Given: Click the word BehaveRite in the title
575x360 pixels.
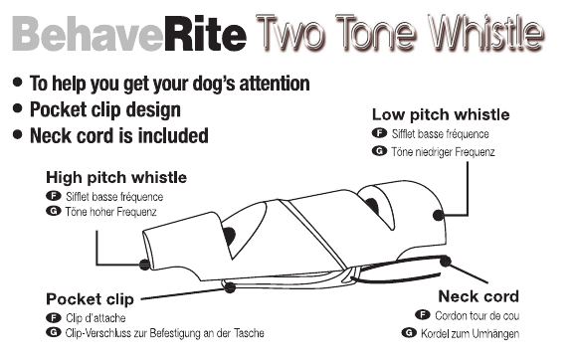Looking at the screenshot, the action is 129,34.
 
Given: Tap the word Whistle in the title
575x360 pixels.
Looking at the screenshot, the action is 485,32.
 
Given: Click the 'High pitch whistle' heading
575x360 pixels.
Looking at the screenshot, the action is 116,177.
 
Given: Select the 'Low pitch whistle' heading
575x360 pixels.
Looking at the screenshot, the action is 441,114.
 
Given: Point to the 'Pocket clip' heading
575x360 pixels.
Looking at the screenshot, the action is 90,299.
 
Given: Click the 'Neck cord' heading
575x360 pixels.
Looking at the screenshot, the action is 479,296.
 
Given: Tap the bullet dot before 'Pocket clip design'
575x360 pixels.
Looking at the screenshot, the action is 17,108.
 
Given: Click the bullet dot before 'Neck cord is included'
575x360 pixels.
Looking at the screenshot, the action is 17,134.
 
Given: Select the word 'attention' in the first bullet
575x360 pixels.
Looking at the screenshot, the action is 275,84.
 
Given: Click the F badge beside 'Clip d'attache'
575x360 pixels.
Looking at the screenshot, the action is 54,317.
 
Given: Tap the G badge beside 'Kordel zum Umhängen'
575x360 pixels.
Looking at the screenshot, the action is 409,333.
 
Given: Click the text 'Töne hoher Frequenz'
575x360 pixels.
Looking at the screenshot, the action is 111,212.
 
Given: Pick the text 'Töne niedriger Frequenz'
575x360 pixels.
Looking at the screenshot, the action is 443,151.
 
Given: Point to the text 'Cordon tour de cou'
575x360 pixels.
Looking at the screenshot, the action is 478,315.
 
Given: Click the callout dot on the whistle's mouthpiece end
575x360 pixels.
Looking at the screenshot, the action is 144,264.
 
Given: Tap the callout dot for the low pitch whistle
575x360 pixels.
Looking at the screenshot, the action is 439,215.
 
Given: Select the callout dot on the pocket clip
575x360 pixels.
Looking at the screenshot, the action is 230,287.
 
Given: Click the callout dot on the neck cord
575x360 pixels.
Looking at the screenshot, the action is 446,261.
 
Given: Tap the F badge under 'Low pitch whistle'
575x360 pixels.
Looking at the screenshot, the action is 379,133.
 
